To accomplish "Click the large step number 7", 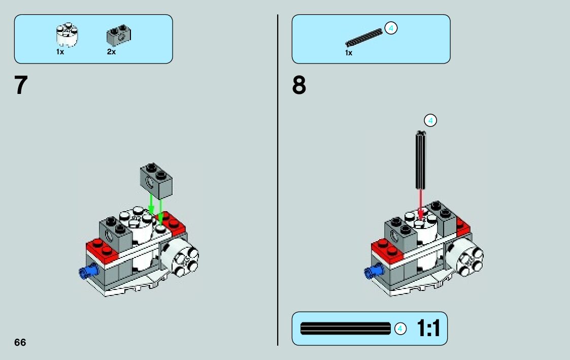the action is [x=20, y=85].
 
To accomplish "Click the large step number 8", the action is [x=299, y=85].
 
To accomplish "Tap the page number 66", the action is [x=20, y=342].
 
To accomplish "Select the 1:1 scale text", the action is [x=428, y=329].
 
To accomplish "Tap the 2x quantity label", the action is [x=111, y=52].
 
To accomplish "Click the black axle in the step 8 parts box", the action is [x=363, y=38].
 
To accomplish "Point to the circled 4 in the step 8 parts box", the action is [x=390, y=28].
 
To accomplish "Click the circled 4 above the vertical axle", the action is [x=430, y=120].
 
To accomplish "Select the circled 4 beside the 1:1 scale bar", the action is [x=400, y=329].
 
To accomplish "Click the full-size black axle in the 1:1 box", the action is [x=346, y=329].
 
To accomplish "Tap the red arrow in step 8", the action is [x=420, y=202].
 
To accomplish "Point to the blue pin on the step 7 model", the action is [x=87, y=271].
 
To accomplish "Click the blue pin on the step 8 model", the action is [x=373, y=271].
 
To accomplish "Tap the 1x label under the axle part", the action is [x=349, y=53].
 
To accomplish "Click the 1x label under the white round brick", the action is [x=60, y=52].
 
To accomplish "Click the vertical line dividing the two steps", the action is [x=278, y=178].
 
